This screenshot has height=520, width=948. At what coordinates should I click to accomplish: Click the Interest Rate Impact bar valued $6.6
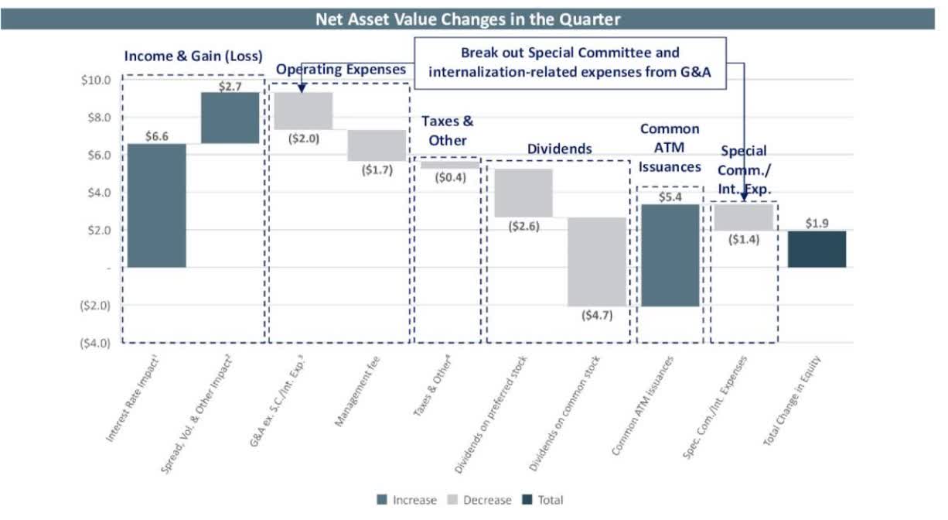156,205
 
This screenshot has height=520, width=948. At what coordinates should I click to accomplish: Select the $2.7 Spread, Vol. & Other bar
230,118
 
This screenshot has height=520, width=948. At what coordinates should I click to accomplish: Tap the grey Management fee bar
376,145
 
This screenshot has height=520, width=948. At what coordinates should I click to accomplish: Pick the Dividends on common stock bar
597,262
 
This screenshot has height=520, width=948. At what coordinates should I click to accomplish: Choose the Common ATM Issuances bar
670,255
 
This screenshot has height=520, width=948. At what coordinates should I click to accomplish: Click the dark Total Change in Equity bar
817,249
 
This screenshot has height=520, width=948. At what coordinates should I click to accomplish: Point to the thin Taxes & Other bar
449,165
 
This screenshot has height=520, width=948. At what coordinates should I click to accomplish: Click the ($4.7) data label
597,315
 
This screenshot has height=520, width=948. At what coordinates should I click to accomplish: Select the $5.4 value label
670,197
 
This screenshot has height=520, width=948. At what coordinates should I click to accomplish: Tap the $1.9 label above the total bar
817,223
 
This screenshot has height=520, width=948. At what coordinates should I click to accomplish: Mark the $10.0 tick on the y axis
96,80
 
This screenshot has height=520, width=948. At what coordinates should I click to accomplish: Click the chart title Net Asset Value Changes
467,19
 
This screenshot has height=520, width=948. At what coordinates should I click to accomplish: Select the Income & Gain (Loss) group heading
193,56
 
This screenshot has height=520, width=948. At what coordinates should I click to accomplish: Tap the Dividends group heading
559,148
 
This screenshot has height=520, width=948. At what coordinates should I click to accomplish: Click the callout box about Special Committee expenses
570,63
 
